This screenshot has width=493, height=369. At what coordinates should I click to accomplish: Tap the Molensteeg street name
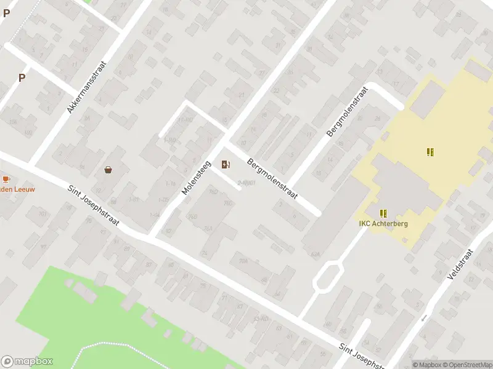(x=197, y=175)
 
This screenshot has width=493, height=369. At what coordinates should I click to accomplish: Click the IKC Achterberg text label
(x=383, y=224)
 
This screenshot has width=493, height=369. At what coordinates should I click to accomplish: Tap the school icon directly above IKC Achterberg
(x=384, y=213)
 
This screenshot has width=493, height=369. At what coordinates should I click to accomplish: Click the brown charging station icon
(x=226, y=164)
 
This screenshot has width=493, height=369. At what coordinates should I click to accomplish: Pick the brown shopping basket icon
(x=108, y=170)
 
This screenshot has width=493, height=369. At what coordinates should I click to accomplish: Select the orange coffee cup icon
(x=6, y=179)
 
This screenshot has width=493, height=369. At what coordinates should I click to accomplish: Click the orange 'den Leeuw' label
(x=17, y=189)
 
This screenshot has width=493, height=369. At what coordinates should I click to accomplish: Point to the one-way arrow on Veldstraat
(x=423, y=318)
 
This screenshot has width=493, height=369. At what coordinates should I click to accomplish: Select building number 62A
(x=316, y=253)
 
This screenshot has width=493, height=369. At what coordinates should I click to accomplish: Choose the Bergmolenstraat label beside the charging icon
(x=272, y=179)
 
